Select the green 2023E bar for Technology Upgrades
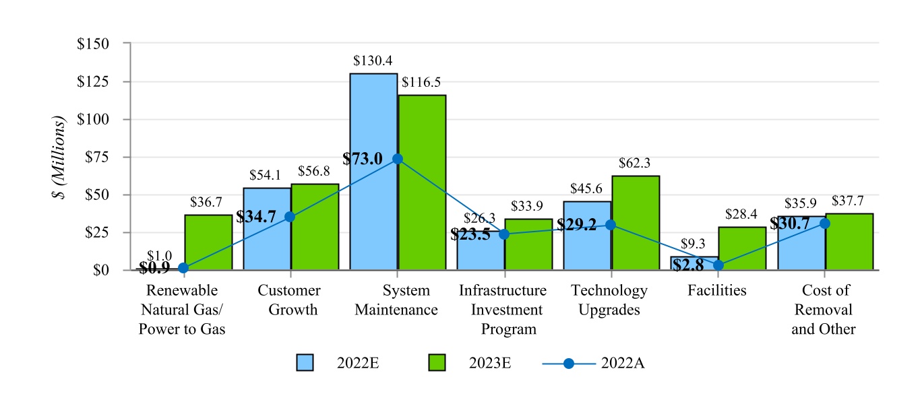click(636, 223)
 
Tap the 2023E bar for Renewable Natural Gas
click(208, 242)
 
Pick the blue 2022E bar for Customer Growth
click(267, 229)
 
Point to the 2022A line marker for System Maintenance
click(397, 158)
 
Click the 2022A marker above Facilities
click(718, 265)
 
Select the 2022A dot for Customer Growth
click(290, 217)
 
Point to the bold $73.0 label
click(363, 159)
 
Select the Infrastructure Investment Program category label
click(503, 310)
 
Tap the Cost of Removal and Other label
click(825, 310)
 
